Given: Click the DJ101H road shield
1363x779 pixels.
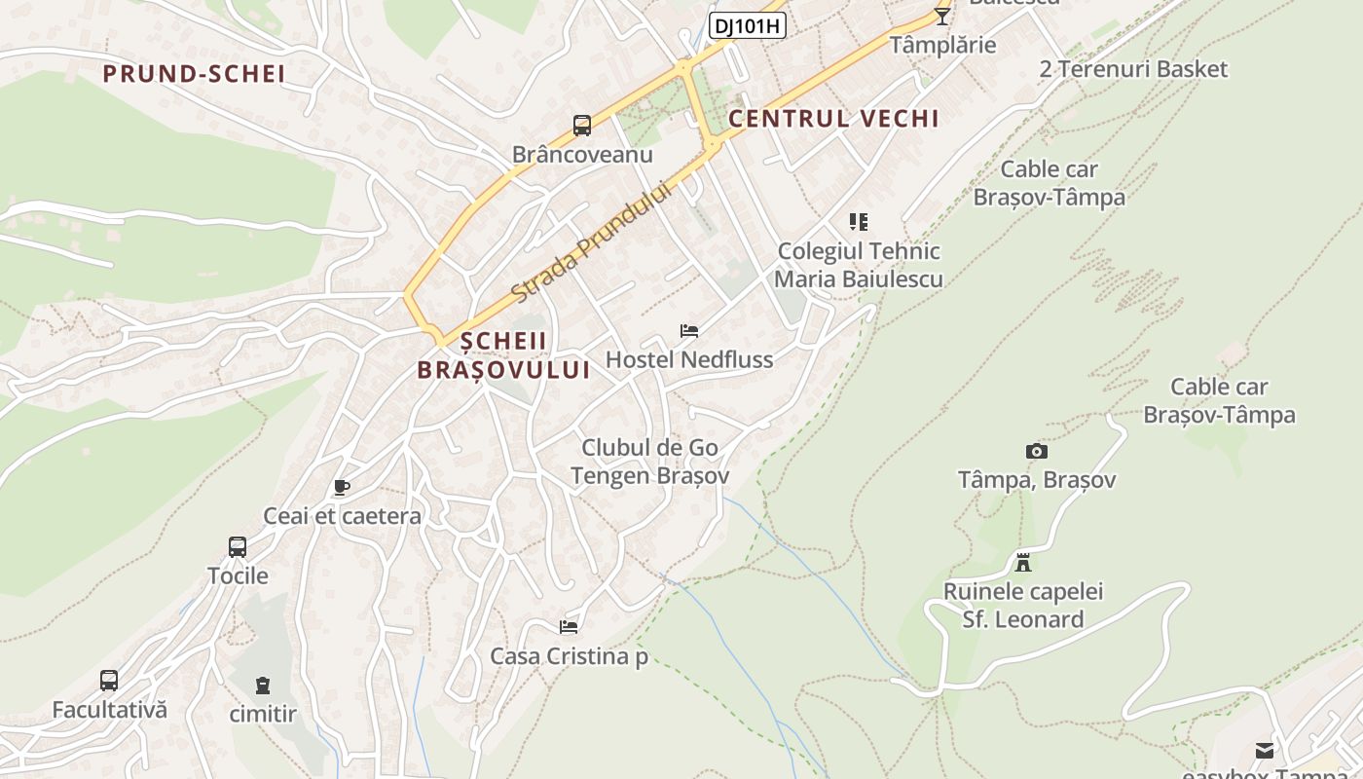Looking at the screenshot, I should click(x=747, y=26).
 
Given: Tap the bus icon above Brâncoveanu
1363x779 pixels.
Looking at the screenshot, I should click(x=582, y=126).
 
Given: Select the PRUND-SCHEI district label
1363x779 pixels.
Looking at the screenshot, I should click(x=194, y=74).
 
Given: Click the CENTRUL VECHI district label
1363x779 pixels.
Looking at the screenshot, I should click(x=833, y=119).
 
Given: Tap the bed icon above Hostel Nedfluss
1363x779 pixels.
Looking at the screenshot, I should click(x=689, y=331).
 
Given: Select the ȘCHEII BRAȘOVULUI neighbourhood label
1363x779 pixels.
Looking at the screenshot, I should click(x=503, y=355).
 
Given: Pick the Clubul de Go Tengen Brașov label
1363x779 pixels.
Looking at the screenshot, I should click(x=649, y=462).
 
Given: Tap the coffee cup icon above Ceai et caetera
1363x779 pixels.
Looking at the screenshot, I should click(x=341, y=487).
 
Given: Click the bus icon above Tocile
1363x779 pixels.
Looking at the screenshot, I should click(x=238, y=546).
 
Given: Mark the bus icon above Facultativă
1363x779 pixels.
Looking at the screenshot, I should click(x=109, y=681).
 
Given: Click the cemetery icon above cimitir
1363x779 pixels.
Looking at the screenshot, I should click(x=263, y=686).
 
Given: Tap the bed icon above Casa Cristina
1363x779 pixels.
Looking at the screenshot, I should click(x=569, y=627).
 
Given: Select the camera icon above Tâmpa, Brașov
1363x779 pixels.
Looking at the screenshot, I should click(x=1037, y=451).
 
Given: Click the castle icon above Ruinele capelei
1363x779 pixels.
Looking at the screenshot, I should click(x=1022, y=563).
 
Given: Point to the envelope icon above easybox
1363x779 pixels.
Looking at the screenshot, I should click(x=1264, y=750).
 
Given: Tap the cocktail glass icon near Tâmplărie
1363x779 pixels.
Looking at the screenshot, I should click(x=941, y=16).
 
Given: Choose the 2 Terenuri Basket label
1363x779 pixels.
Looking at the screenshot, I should click(x=1133, y=69).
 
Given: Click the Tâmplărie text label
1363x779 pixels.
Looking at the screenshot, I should click(x=943, y=45).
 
